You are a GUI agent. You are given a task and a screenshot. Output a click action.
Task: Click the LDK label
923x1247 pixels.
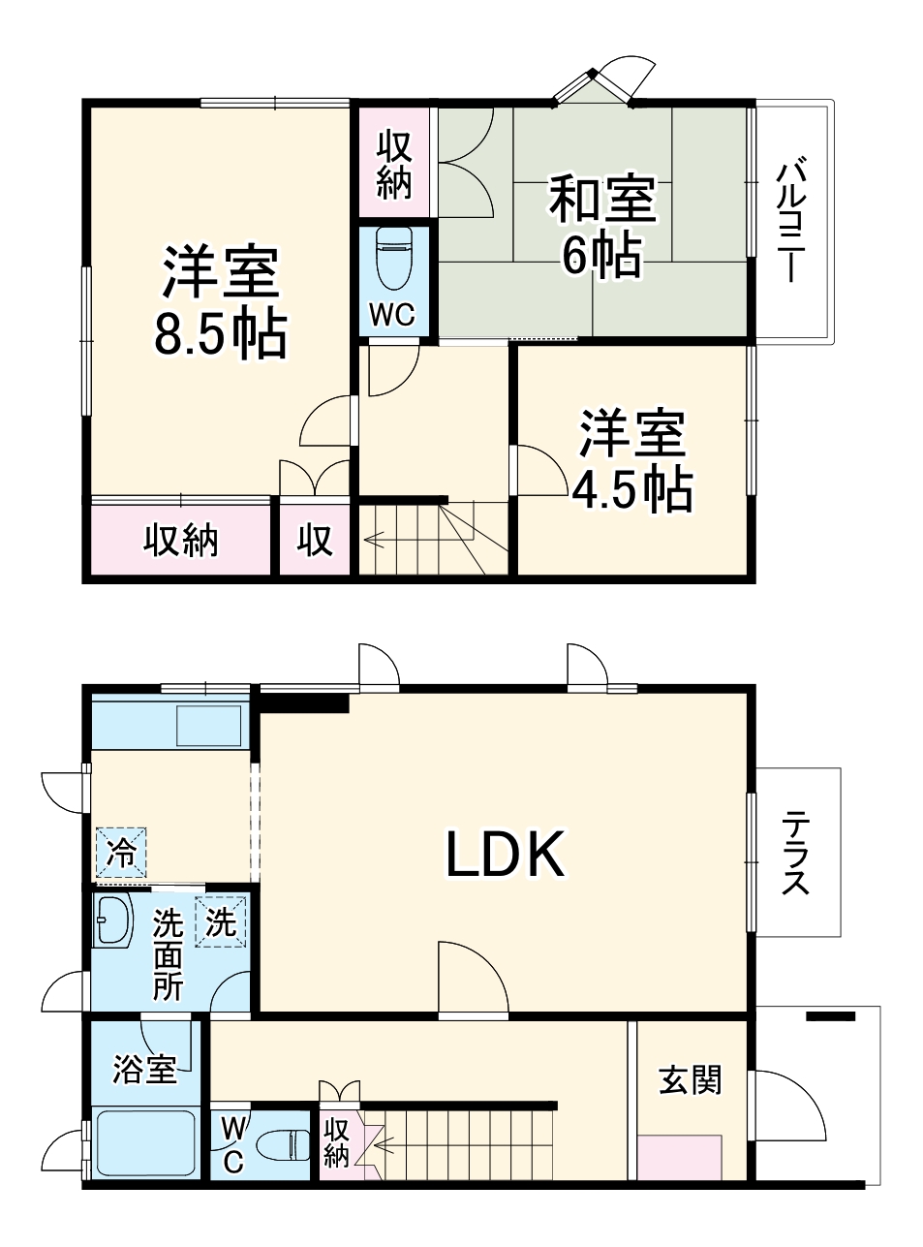coord(505,854)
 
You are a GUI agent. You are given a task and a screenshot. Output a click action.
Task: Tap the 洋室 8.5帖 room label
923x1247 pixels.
coord(221,302)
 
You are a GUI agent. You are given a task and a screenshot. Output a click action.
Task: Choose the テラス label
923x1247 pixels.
coord(797,853)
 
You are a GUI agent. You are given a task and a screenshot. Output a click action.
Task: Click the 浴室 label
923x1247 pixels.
coord(144,1071)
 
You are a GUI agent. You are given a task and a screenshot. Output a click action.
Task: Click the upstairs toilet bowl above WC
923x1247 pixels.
coord(393,259)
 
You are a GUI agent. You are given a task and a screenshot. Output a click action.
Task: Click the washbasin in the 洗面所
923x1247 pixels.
coord(113,920)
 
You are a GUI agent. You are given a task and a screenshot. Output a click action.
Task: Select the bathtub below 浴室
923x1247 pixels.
coord(145,1144)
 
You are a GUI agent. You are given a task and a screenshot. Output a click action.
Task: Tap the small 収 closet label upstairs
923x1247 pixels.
coord(315,541)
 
